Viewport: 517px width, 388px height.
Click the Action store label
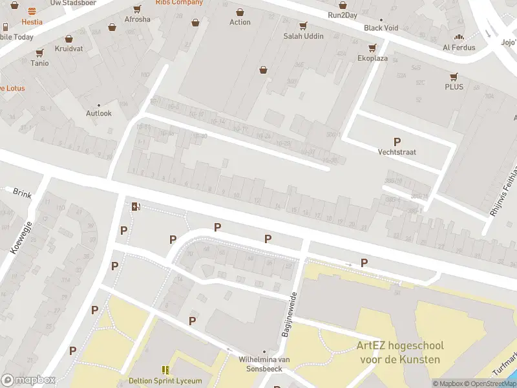click(240, 22)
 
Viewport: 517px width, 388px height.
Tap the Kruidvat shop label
click(68, 48)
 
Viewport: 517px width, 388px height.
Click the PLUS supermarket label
click(454, 87)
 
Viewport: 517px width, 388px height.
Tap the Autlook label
click(99, 113)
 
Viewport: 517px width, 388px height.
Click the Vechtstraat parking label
click(397, 152)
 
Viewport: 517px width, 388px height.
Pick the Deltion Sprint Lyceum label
click(165, 380)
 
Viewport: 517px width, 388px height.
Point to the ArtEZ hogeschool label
click(398, 352)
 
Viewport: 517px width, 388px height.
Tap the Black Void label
click(381, 28)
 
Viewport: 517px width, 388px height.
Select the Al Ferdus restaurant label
click(459, 47)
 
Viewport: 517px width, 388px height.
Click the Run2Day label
click(343, 15)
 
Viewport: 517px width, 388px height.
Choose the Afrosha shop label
click(137, 19)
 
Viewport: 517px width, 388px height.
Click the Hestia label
click(32, 21)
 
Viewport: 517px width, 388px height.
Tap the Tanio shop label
click(39, 63)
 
